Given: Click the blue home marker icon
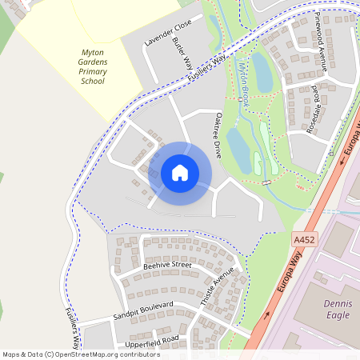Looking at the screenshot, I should (x=180, y=173).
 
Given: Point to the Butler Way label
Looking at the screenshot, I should (x=182, y=54).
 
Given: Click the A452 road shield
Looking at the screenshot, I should (x=303, y=238).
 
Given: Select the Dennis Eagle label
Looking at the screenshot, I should (x=336, y=309).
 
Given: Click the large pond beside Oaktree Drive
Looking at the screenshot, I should (x=238, y=147).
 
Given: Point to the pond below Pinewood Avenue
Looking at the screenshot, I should (x=262, y=72).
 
